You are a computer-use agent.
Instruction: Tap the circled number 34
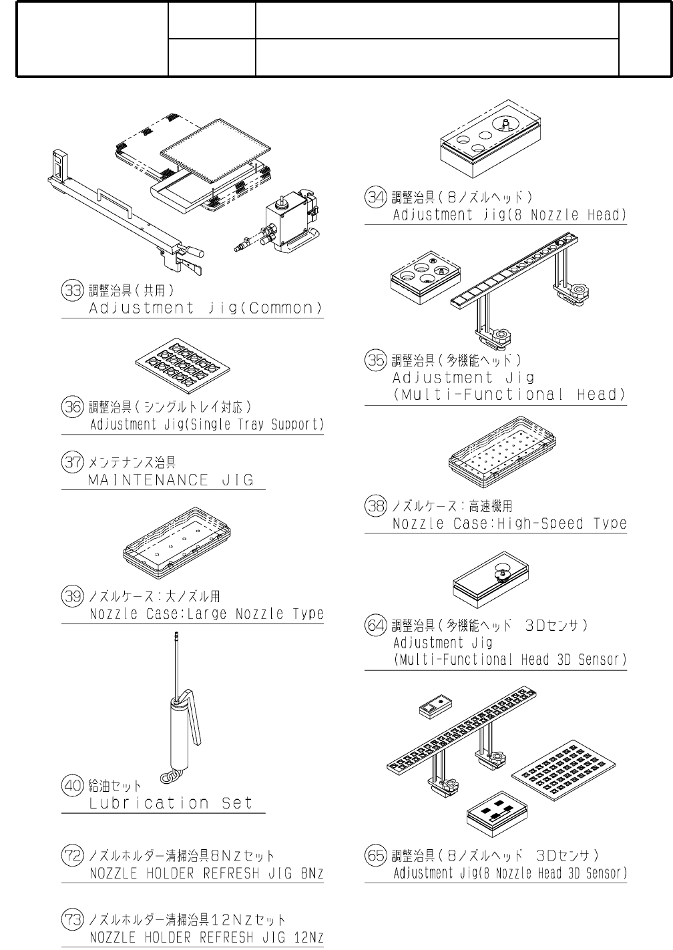pyautogui.click(x=375, y=197)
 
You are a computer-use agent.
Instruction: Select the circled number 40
pyautogui.click(x=71, y=786)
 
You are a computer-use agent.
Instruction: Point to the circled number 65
pyautogui.click(x=375, y=855)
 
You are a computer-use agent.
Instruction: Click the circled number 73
pyautogui.click(x=71, y=920)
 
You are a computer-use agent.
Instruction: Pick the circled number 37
pyautogui.click(x=71, y=461)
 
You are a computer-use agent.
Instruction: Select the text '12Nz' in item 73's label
pyautogui.click(x=308, y=938)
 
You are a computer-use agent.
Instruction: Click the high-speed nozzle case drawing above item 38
pyautogui.click(x=503, y=454)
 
